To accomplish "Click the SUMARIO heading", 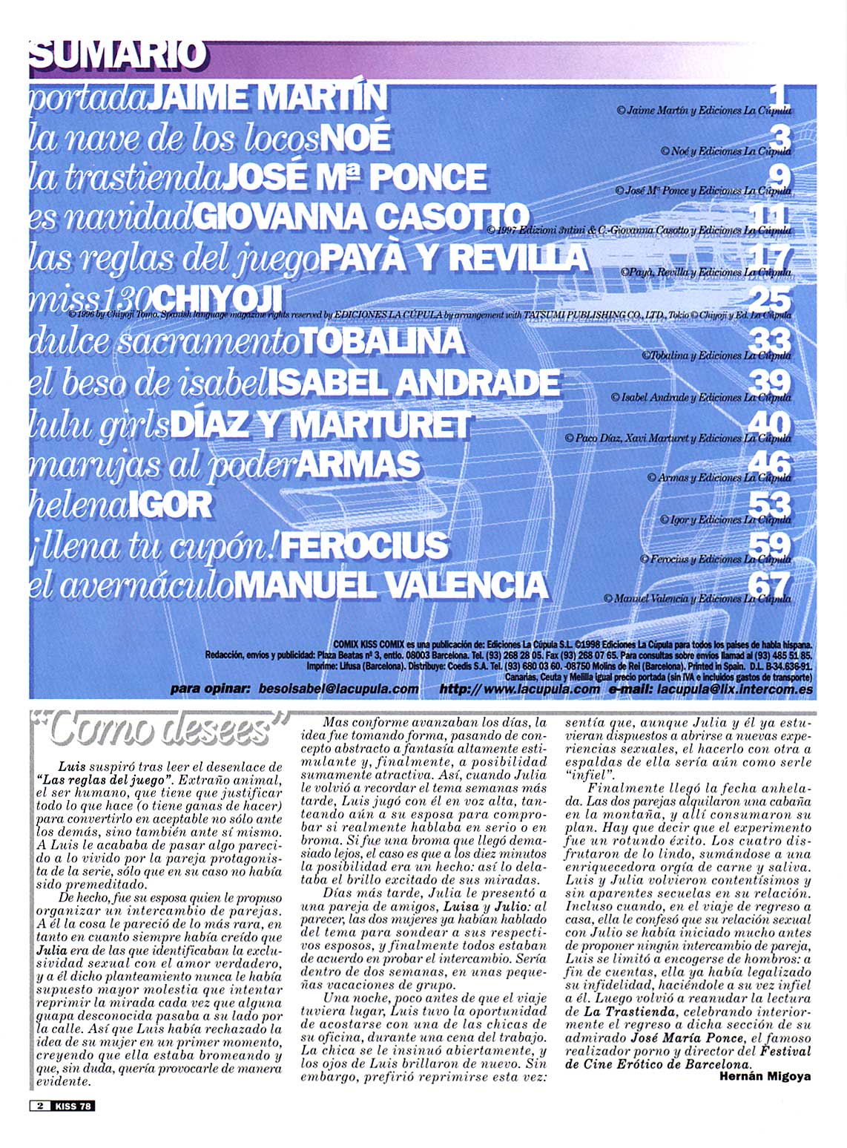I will pos(116,56).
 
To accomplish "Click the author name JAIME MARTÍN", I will pos(266,97).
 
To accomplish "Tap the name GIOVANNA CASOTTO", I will pos(360,217).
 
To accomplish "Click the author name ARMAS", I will pos(358,465).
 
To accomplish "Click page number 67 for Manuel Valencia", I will pos(770,583).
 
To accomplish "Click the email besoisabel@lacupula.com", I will pos(339,689).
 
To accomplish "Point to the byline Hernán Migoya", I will pos(765,1076).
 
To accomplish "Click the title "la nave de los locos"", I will pos(174,138).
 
